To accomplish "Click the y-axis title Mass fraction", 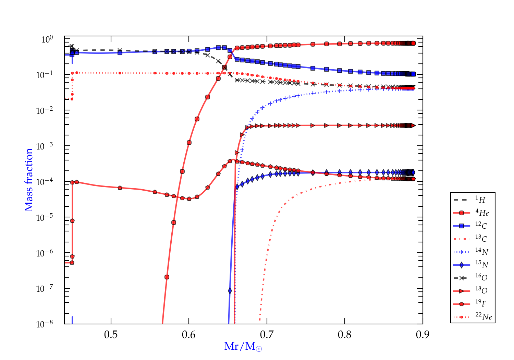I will [x=29, y=180].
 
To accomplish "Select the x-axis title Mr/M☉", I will [x=243, y=347].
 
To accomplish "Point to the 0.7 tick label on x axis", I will [x=267, y=335].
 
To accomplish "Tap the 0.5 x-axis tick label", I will [x=111, y=335].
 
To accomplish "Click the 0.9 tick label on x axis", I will [x=423, y=335].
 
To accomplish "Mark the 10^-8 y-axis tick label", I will [x=44, y=324].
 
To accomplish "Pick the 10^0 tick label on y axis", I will [x=47, y=39].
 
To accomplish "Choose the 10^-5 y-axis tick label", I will [x=44, y=217].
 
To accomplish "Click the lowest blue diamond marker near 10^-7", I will [x=230, y=291].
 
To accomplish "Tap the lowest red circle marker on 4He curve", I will [x=167, y=277].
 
